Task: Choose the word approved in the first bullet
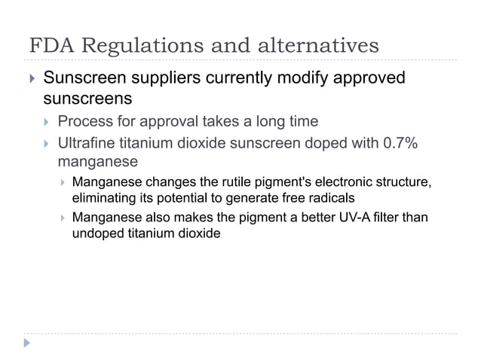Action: tap(369, 79)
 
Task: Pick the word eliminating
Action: tap(99, 198)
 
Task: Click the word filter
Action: tap(391, 218)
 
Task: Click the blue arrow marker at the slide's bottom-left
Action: tap(28, 343)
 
